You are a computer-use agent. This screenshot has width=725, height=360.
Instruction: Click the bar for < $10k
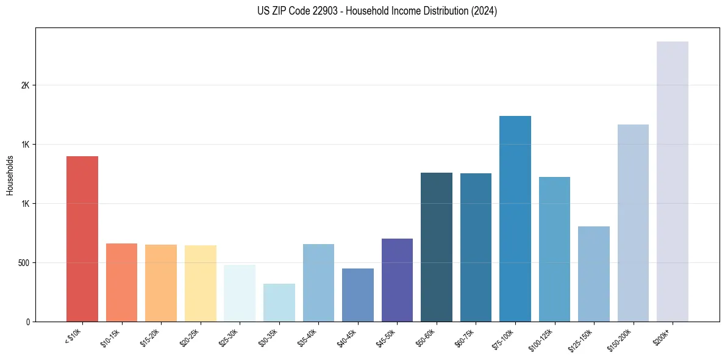(82, 239)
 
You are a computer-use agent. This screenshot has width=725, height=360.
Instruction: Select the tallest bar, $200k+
(673, 181)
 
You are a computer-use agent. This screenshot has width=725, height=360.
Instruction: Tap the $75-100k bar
(515, 218)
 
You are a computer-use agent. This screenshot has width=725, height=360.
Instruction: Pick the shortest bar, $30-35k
(279, 303)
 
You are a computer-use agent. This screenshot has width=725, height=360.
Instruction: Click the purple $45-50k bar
(397, 280)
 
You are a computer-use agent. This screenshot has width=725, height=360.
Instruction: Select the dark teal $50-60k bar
(437, 247)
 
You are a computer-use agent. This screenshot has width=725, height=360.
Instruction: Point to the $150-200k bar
(633, 223)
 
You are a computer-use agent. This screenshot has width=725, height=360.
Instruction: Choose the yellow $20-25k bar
(201, 283)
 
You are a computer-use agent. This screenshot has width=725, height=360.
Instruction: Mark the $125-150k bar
(594, 274)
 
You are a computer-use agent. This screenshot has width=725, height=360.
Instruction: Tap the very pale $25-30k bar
(240, 293)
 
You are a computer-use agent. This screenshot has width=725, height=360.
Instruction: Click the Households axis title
(10, 175)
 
